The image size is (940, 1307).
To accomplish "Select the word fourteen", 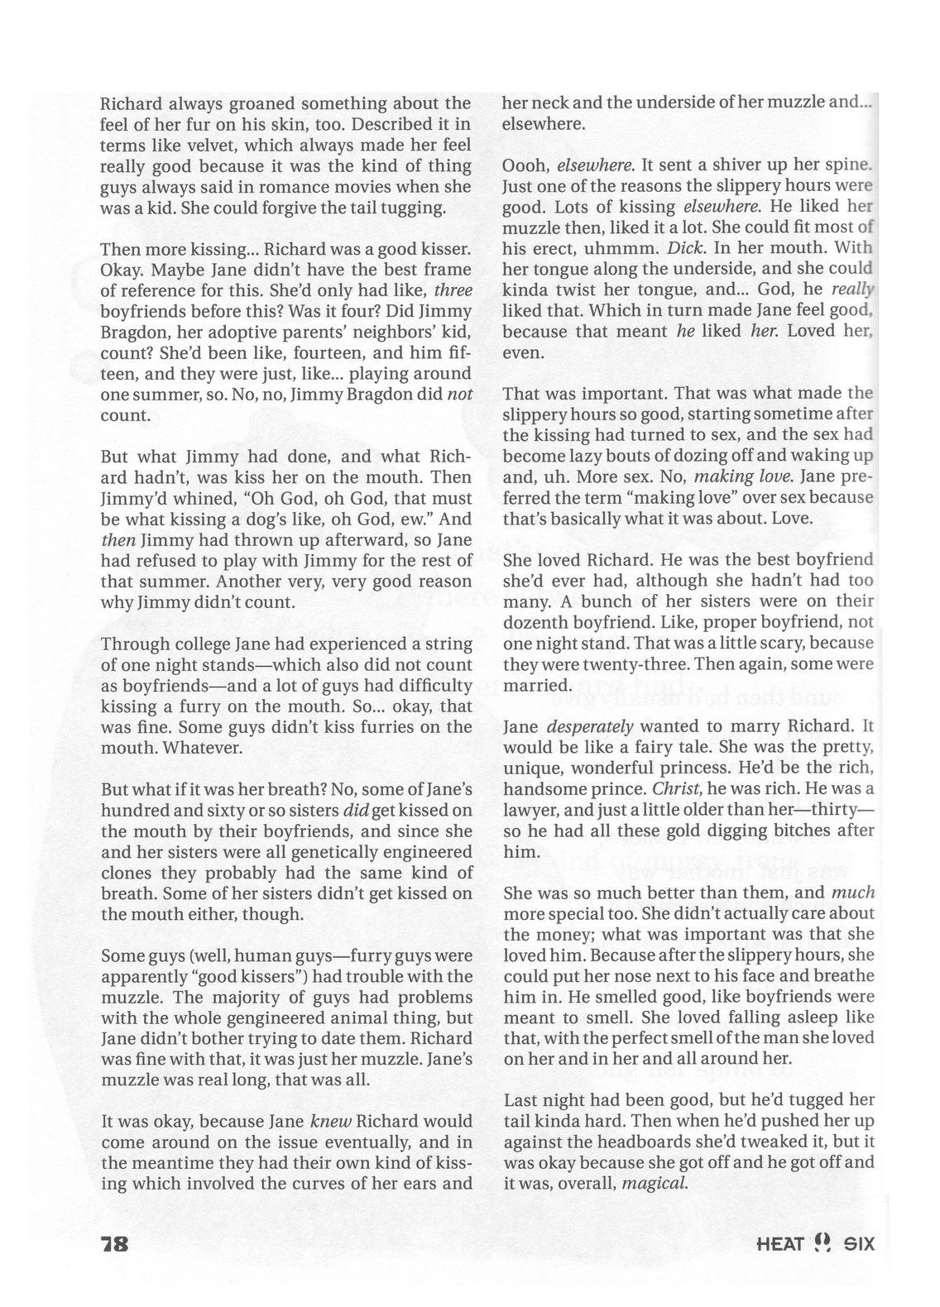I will pos(261,352).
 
